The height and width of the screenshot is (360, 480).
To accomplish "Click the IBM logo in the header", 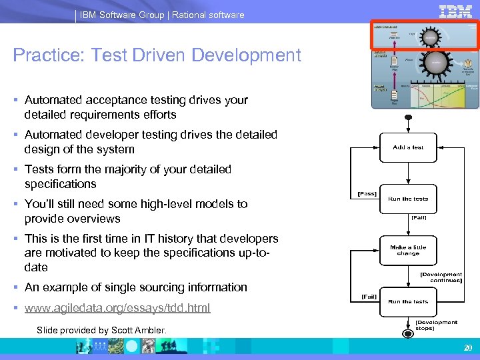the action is (456, 11).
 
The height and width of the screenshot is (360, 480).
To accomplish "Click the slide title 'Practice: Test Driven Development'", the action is (157, 55).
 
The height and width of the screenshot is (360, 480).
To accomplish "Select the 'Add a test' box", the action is (408, 147).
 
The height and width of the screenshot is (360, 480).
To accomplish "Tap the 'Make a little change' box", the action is (408, 250).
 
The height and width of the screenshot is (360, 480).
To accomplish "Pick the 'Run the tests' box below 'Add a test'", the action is (408, 199).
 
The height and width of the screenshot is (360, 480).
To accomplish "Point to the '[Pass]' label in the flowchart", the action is (367, 194).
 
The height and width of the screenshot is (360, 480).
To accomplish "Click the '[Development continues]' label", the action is (441, 277).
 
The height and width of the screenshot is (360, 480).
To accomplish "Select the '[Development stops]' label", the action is (436, 325).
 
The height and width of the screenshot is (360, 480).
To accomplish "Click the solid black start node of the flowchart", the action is (409, 118).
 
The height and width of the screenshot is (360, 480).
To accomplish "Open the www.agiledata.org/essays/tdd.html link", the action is (117, 307).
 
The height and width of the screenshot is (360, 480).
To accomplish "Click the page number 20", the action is (467, 347).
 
